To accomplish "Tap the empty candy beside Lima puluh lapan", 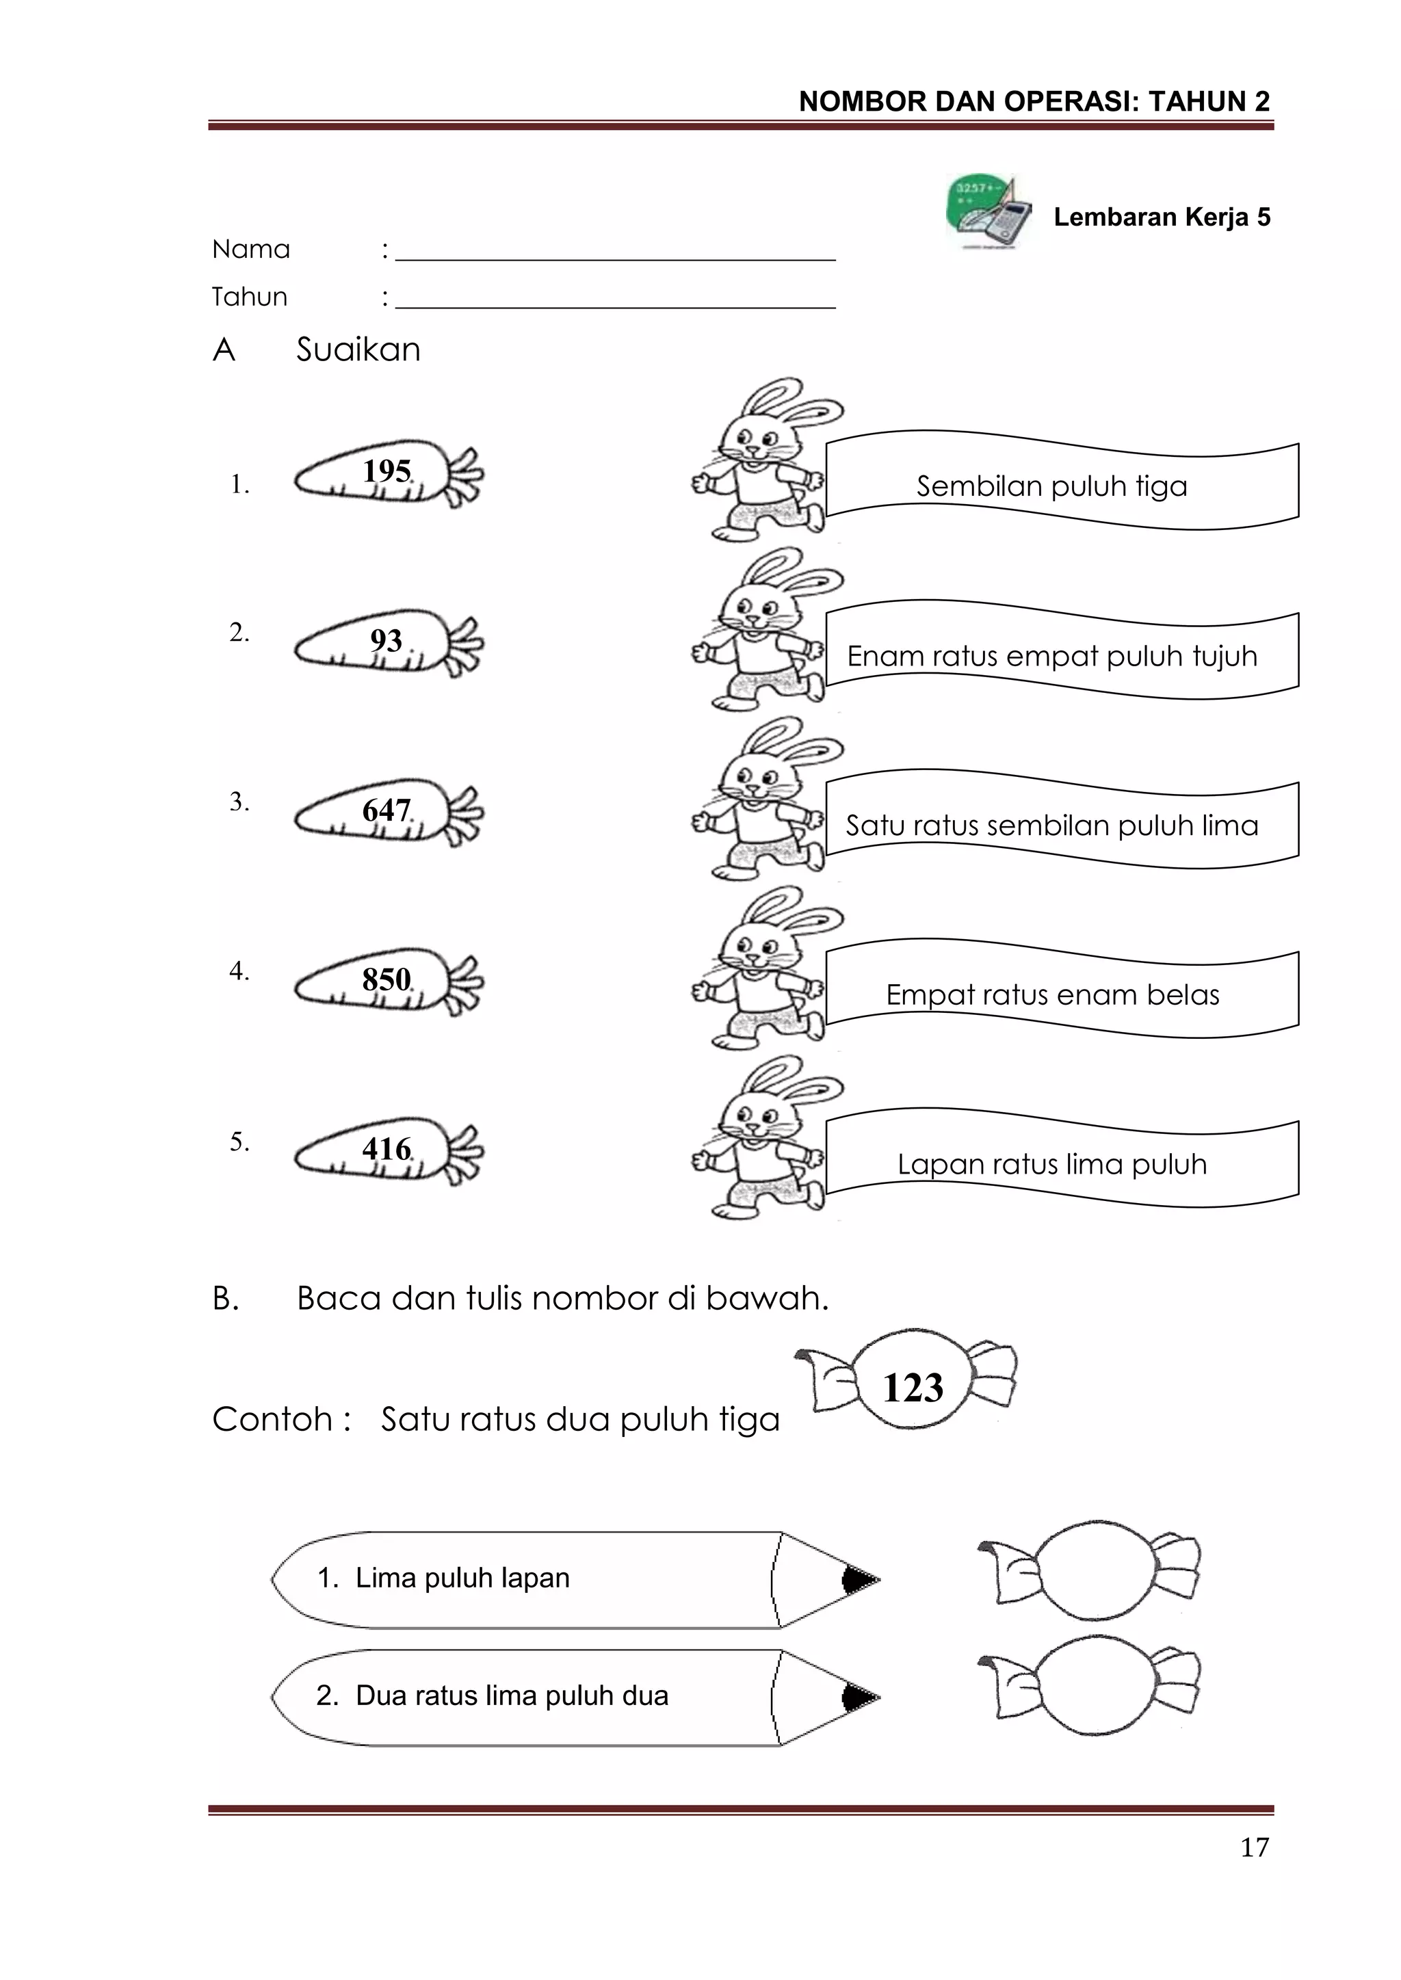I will click(x=1090, y=1578).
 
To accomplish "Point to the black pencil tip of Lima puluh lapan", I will click(x=858, y=1580).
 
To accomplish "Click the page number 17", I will click(x=1255, y=1847).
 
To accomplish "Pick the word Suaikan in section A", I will click(x=358, y=350).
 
